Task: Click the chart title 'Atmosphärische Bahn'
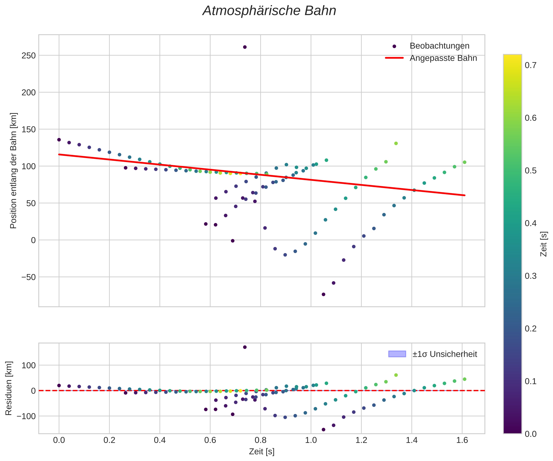click(269, 11)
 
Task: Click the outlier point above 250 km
click(245, 47)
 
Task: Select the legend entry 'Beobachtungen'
click(439, 46)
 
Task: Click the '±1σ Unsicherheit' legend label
click(444, 354)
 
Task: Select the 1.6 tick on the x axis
click(462, 440)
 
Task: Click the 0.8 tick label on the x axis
click(261, 440)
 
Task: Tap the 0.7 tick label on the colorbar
click(531, 65)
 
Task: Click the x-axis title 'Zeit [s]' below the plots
click(262, 452)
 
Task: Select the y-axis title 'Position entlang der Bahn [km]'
click(13, 171)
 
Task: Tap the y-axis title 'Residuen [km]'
click(9, 388)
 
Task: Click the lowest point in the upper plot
click(323, 294)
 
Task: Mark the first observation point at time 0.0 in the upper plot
click(59, 140)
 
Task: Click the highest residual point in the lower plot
click(245, 347)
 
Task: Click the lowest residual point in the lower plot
click(323, 429)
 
